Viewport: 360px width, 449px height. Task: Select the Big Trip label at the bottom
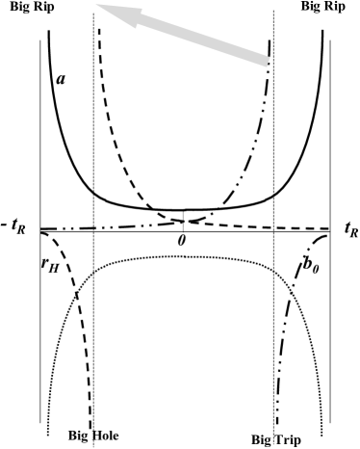[275, 440]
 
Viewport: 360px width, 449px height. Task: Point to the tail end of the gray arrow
[268, 60]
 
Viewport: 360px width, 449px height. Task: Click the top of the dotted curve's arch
[183, 256]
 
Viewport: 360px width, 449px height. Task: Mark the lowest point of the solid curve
[183, 209]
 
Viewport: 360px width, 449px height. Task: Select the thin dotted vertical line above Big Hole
[93, 145]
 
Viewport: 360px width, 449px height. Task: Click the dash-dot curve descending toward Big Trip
[280, 366]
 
